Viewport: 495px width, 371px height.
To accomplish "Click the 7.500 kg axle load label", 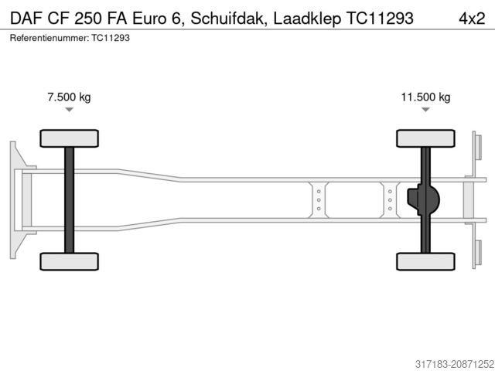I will click(x=70, y=97).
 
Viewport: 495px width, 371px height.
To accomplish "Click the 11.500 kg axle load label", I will click(x=425, y=97).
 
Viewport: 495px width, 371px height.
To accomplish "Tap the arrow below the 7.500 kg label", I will click(x=70, y=110).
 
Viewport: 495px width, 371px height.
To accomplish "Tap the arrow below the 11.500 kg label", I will click(x=425, y=110).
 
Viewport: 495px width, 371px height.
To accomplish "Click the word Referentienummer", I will click(x=48, y=37).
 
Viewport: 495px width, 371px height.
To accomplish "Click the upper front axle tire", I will click(x=69, y=138).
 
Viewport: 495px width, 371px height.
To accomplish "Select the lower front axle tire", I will click(x=69, y=260).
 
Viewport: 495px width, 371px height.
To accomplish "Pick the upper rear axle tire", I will click(x=425, y=138).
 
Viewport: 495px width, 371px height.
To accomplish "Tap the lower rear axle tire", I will click(x=425, y=260).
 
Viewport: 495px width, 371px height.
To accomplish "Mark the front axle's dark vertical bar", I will click(x=69, y=199).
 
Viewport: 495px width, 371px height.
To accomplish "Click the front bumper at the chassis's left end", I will click(x=15, y=199).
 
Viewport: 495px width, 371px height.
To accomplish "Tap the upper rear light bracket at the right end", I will click(x=477, y=155).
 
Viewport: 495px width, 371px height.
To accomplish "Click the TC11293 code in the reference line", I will click(x=111, y=37).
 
